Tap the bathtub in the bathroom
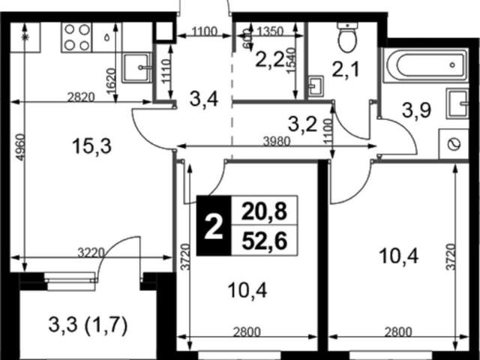[426, 65]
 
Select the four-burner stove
[76, 37]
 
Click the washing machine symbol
[454, 144]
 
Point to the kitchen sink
[136, 67]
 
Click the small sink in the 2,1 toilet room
[316, 86]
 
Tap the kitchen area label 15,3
[91, 146]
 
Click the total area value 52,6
[265, 241]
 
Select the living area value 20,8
[265, 211]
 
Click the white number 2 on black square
[213, 226]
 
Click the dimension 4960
[19, 147]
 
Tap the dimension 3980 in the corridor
[277, 141]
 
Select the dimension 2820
[81, 97]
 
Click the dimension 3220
[91, 253]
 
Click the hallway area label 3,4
[203, 99]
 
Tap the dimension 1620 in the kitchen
[111, 81]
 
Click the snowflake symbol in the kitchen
[25, 37]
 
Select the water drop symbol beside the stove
[106, 37]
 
